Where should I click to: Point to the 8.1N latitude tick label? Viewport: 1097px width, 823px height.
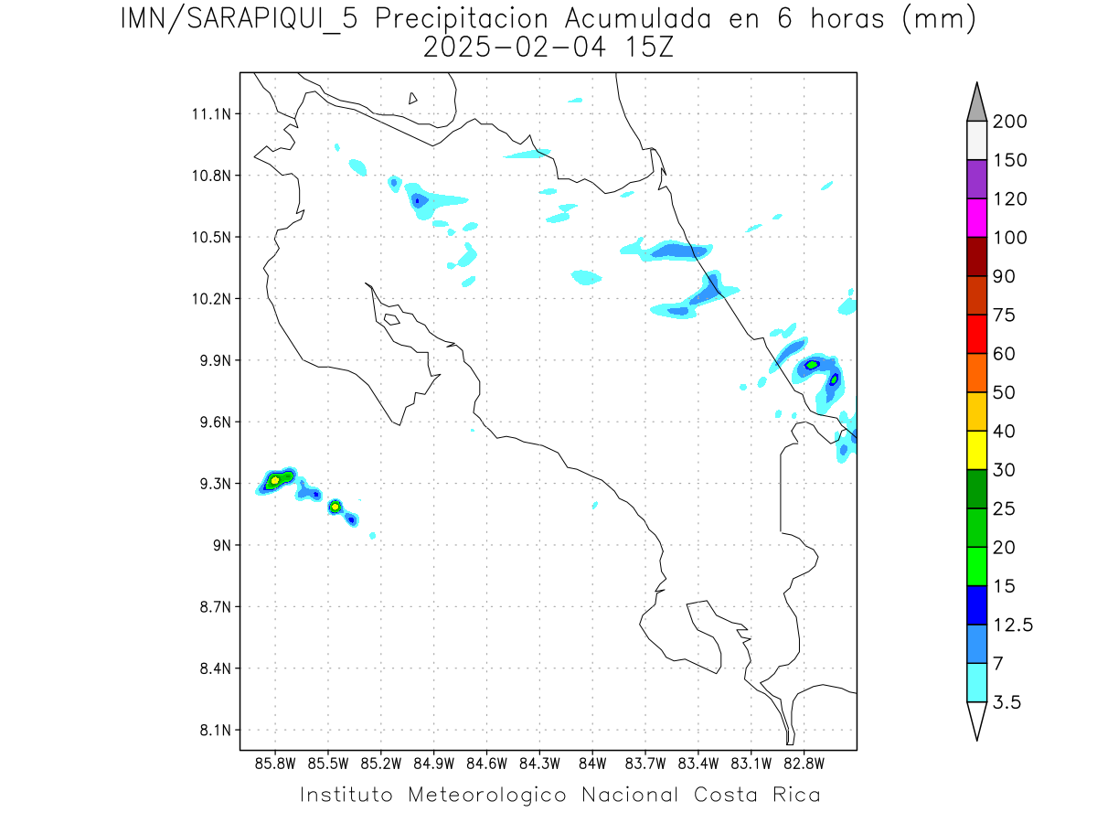point(212,731)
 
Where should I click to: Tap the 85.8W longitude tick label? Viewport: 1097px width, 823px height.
point(275,762)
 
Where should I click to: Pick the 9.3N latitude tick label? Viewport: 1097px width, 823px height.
point(212,484)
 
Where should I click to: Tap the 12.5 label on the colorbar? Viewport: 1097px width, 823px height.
point(1012,625)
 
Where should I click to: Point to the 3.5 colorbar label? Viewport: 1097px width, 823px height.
point(1006,702)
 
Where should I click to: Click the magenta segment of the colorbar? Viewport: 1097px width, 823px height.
point(976,218)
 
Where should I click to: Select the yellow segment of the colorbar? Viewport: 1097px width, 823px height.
point(976,450)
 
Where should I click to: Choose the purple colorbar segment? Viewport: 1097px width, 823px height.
point(976,179)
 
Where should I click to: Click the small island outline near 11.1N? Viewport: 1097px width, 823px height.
point(413,98)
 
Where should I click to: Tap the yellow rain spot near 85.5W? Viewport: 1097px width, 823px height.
point(335,506)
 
